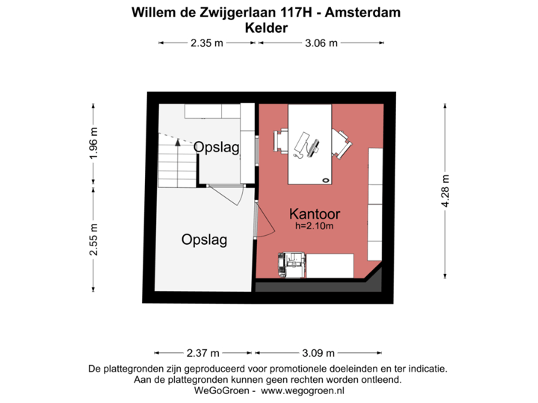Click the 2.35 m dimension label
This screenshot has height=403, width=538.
207,43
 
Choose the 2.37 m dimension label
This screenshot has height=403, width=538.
203,353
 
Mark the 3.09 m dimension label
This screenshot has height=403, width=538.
319,353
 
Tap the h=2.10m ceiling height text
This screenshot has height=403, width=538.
315,225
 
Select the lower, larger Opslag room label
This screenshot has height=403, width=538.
204,240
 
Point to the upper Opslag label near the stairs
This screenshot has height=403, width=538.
217,148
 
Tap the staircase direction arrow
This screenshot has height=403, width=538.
173,138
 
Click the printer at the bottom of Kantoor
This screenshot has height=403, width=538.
292,263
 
